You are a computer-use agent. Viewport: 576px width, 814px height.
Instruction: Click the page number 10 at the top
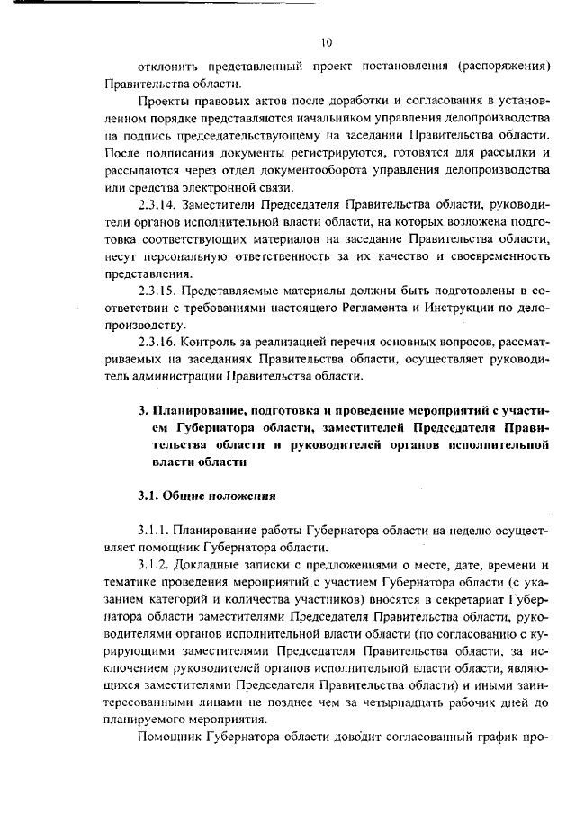pos(326,41)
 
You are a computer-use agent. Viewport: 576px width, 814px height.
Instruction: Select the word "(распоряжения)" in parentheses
pos(504,67)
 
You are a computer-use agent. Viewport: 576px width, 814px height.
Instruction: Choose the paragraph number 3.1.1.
pos(154,531)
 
